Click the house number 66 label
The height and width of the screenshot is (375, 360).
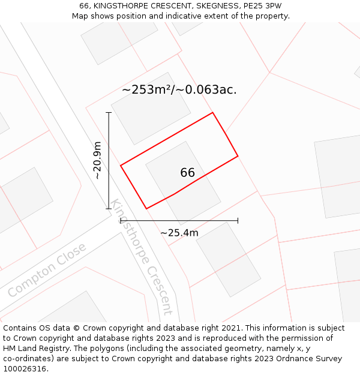pyautogui.click(x=187, y=173)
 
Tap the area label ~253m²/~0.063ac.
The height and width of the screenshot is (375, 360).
pyautogui.click(x=179, y=90)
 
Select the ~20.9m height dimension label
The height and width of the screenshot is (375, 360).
pyautogui.click(x=98, y=160)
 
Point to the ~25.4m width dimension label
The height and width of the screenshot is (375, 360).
pyautogui.click(x=179, y=233)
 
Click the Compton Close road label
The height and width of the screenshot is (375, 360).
pyautogui.click(x=47, y=269)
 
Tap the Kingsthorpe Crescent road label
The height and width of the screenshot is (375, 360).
pyautogui.click(x=142, y=257)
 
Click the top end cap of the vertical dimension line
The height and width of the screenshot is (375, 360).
pyautogui.click(x=109, y=112)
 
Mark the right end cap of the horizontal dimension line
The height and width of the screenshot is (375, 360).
pyautogui.click(x=238, y=221)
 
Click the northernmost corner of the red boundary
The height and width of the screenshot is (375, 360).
pyautogui.click(x=212, y=112)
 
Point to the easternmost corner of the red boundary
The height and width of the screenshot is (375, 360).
pyautogui.click(x=238, y=156)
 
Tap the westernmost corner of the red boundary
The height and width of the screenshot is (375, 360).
pyautogui.click(x=121, y=165)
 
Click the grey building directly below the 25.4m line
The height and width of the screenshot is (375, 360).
pyautogui.click(x=228, y=259)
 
